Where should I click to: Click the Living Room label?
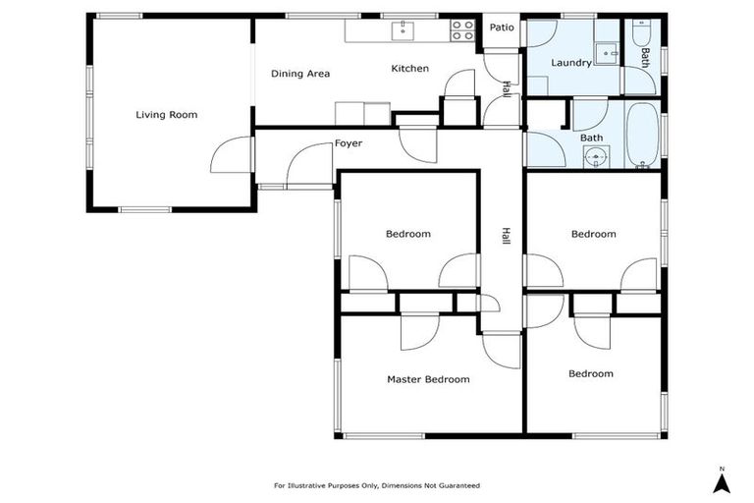tap(166, 115)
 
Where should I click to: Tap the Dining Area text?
tap(300, 74)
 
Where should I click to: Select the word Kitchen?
tap(409, 69)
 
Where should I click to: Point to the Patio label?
tap(502, 28)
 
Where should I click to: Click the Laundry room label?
tap(570, 63)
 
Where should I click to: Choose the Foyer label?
tap(348, 143)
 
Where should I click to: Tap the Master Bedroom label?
tap(427, 379)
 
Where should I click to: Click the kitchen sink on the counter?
tap(403, 31)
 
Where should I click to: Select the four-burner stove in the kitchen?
tap(462, 31)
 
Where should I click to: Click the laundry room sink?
tap(606, 51)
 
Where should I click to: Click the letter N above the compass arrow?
tap(721, 468)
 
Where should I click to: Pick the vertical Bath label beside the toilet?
tap(645, 57)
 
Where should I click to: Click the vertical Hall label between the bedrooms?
tap(506, 236)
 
